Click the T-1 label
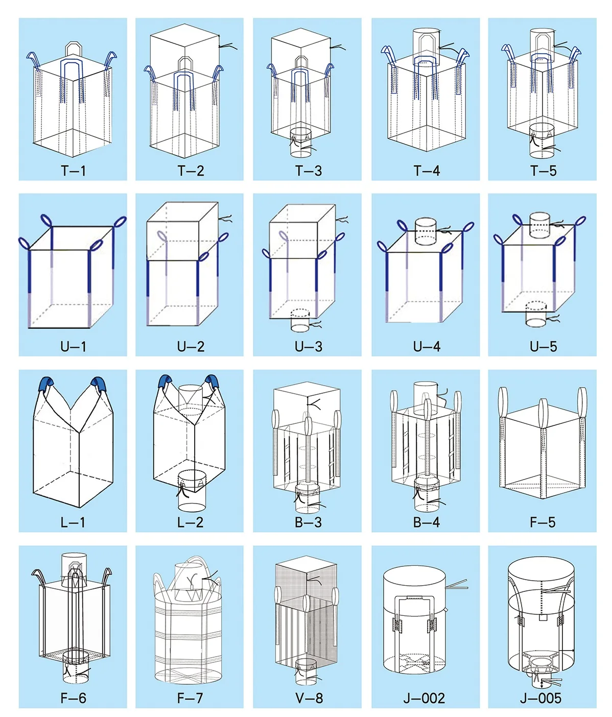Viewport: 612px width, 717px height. coord(73,171)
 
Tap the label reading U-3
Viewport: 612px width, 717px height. coord(308,347)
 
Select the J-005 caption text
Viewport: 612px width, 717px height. coord(540,698)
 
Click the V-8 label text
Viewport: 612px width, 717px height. coord(309,698)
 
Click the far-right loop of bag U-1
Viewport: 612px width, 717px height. coord(120,223)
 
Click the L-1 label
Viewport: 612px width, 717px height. coord(73,522)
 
